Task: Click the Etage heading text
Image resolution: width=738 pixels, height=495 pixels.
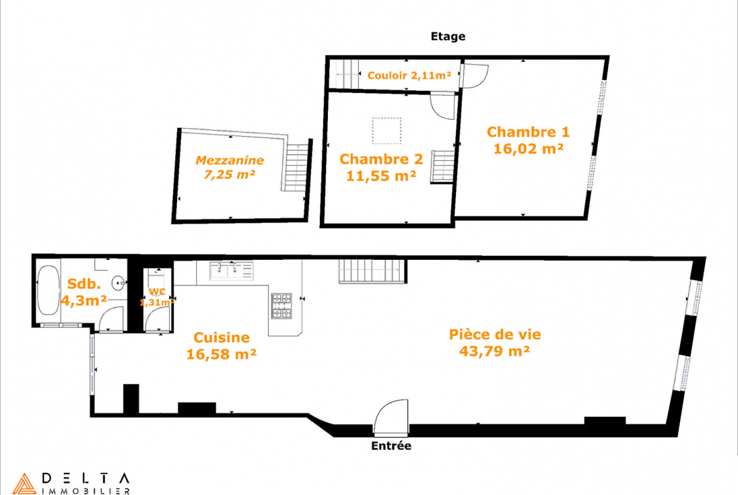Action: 448,37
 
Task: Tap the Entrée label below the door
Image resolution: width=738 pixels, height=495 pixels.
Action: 391,446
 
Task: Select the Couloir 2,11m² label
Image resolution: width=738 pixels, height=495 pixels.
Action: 409,75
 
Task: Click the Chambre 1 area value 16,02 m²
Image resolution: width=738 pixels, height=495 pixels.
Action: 528,149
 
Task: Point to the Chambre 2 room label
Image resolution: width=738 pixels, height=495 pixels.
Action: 381,159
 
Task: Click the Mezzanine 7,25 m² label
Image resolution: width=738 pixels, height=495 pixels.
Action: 230,167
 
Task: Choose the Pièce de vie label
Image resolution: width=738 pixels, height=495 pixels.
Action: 495,335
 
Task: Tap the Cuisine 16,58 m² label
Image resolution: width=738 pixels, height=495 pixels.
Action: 221,346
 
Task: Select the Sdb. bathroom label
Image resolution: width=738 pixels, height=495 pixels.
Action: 85,284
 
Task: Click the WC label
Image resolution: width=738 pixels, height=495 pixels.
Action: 156,292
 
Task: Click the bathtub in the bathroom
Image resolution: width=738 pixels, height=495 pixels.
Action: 49,290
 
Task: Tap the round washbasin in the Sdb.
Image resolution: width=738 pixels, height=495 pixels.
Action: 119,283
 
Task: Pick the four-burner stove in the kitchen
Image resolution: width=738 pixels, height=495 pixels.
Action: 281,306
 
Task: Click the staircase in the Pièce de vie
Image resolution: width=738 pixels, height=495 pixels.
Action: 372,272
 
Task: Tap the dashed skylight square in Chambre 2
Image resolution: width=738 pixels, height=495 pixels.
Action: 387,131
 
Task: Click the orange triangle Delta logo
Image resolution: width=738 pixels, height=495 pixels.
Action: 24,484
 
